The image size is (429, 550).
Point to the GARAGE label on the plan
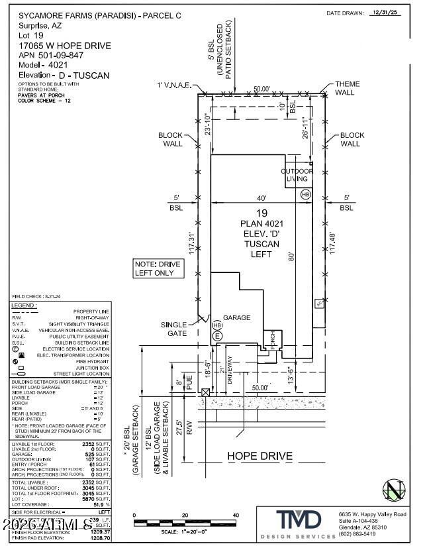click(236, 317)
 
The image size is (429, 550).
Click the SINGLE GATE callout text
click(174, 329)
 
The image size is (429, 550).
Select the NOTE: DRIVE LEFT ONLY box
click(139, 268)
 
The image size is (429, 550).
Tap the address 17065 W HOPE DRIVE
click(65, 46)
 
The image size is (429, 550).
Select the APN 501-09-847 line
click(51, 56)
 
